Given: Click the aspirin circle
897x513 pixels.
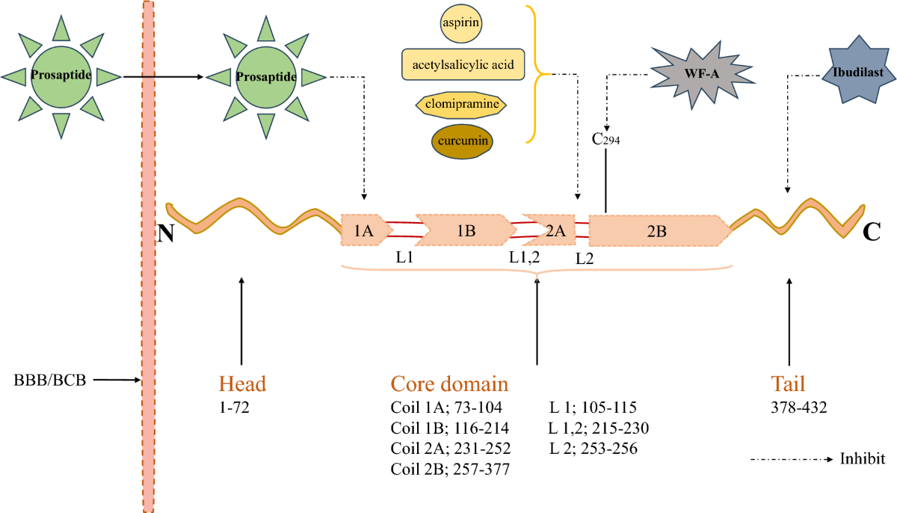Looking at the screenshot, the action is coord(461,23).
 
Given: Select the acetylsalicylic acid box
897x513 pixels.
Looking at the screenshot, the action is coord(463,64).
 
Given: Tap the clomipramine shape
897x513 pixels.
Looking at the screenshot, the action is coord(461,105).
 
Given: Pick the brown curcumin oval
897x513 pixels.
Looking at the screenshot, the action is coord(462,141).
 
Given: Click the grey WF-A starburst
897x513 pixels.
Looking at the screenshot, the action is coord(702,75).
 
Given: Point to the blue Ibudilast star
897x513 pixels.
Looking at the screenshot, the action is coord(858,72).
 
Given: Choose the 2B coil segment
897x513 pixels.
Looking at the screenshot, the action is coord(659,230).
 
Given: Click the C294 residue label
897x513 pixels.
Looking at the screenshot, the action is coord(605,139).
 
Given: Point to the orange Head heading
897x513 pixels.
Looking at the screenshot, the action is coord(242,384).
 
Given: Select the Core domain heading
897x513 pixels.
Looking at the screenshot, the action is coord(449,384).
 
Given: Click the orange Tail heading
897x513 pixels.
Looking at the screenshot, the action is coord(788,384).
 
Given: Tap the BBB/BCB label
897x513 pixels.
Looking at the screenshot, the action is coord(49,380).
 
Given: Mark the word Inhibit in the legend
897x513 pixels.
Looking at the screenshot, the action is coord(863,459).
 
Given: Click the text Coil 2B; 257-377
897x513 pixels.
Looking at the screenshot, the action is coord(450,469).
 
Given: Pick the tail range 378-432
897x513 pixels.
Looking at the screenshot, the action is coord(799,408).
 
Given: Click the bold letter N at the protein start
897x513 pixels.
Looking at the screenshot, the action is coord(166,233).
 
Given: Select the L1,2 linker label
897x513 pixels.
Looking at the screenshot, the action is coord(524,257).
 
